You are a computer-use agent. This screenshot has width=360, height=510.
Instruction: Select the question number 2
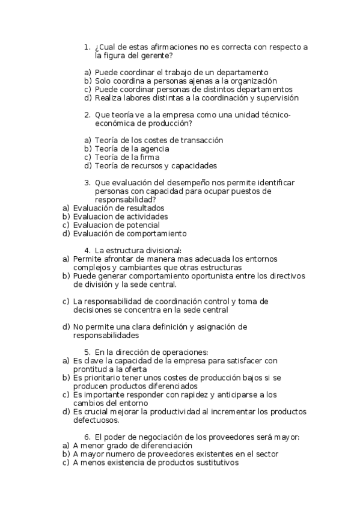(87, 115)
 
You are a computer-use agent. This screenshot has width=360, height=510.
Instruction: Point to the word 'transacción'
(201, 140)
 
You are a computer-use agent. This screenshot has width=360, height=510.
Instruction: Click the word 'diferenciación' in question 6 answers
(163, 446)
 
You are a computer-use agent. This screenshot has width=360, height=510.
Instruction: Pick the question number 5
(87, 352)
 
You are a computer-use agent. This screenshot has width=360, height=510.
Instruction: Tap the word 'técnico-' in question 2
(274, 115)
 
